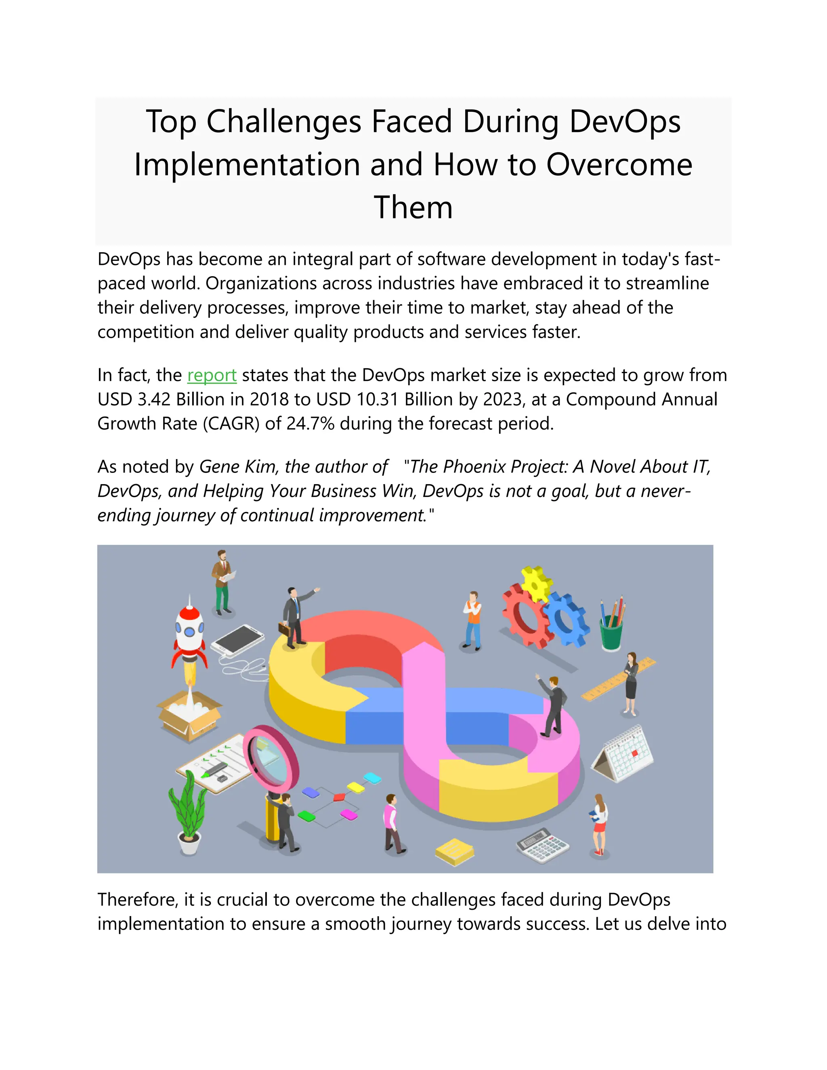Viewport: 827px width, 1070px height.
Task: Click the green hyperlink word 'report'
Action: click(x=212, y=375)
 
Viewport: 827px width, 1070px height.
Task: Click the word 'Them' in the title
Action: click(x=413, y=207)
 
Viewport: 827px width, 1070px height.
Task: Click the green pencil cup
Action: click(x=611, y=632)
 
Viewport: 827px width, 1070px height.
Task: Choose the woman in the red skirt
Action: click(x=599, y=824)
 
